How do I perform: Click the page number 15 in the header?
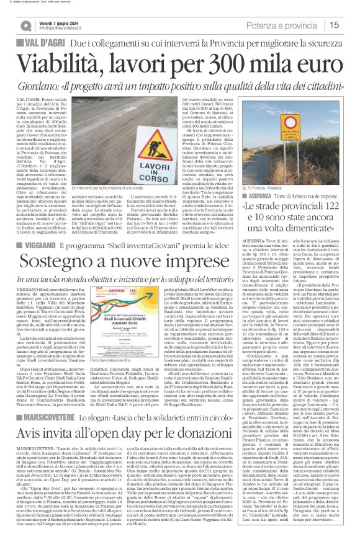point(350,24)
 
